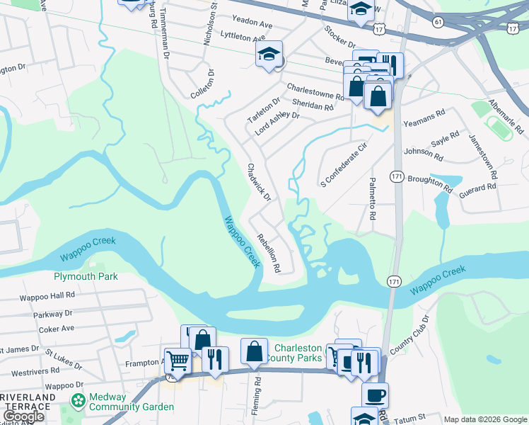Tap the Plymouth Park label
(x=86, y=276)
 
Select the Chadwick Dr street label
(x=258, y=182)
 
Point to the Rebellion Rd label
(x=269, y=254)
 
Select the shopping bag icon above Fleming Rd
(x=255, y=351)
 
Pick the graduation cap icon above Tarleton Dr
(x=269, y=54)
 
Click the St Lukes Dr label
(x=62, y=358)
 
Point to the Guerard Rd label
(x=477, y=188)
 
